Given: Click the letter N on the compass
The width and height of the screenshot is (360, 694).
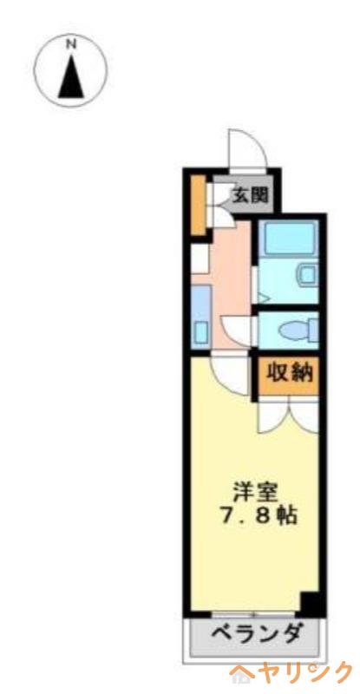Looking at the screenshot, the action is [x=71, y=44].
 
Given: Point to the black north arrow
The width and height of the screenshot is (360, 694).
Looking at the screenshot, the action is [x=71, y=78].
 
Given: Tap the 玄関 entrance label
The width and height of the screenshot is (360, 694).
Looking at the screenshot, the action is [x=251, y=195].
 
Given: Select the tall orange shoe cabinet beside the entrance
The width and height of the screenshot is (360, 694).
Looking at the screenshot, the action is [x=199, y=205].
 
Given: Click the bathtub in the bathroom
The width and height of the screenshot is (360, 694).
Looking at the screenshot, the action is [x=288, y=238].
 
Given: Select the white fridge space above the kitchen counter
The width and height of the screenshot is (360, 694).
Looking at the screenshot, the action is [x=200, y=259].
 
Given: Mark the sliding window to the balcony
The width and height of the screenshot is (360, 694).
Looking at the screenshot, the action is [x=253, y=614].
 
